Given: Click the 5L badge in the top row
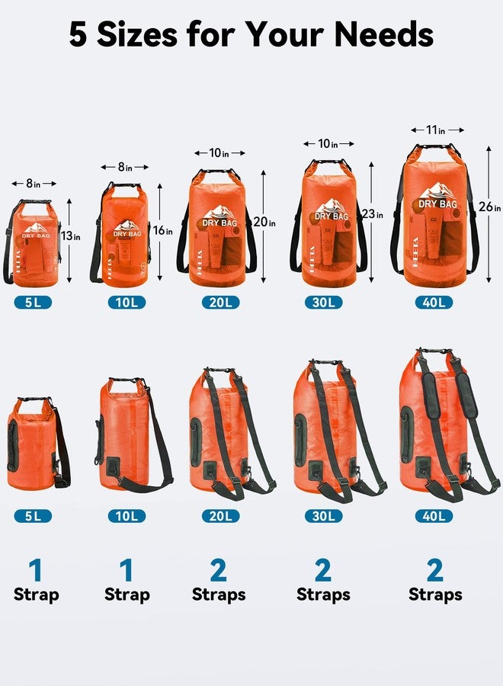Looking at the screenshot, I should (x=32, y=303).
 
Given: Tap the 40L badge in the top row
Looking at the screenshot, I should (x=434, y=303).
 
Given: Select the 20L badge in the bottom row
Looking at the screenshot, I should (x=221, y=516).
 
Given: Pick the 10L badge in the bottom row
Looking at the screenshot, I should (x=127, y=516).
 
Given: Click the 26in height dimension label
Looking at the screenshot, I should (x=493, y=208).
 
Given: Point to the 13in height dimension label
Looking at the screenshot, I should (x=72, y=236).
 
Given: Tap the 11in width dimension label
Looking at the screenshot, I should (x=436, y=130).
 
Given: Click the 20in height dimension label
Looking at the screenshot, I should (x=265, y=223).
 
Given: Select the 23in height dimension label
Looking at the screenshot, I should (x=372, y=214).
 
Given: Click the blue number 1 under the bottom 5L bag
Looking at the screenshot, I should (x=35, y=571).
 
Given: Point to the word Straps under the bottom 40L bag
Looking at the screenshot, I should (x=435, y=595).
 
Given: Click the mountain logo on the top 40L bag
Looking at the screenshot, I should (x=437, y=191).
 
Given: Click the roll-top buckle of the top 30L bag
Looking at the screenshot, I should (x=328, y=162).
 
